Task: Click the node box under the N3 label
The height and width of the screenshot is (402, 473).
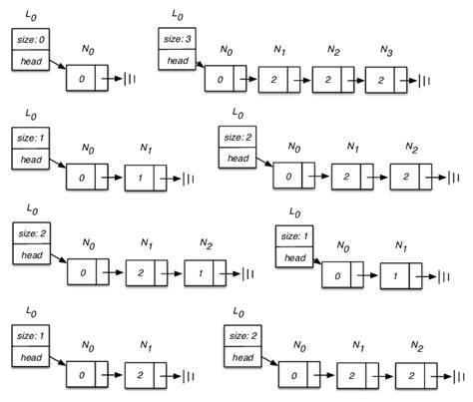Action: [x=384, y=80]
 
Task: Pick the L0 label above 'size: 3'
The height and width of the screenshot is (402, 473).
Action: [x=177, y=14]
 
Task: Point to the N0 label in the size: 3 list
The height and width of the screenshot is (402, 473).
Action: [x=226, y=50]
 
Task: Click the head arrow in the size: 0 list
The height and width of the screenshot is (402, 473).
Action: [x=55, y=68]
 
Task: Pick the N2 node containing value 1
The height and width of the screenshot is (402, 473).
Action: [x=205, y=271]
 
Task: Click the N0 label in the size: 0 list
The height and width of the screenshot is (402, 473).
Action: [x=87, y=50]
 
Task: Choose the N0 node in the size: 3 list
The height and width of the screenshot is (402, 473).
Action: [x=225, y=80]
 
